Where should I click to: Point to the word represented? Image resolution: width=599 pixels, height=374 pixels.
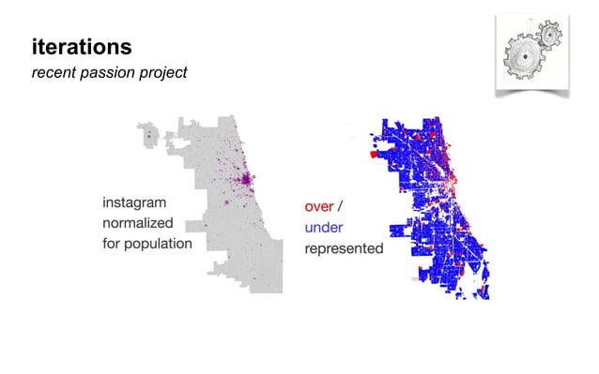344,248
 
